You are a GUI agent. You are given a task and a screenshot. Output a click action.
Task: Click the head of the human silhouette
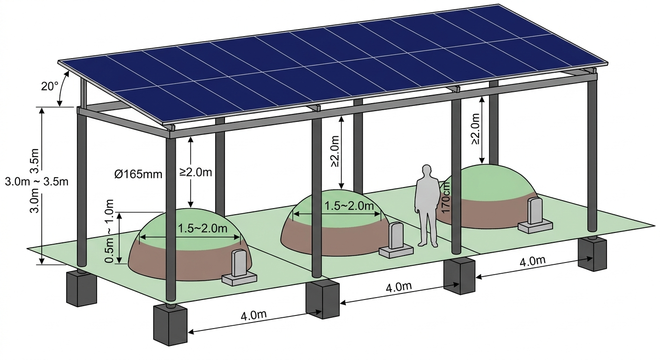(426, 170)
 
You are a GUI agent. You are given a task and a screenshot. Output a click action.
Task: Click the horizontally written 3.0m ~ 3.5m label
(37, 181)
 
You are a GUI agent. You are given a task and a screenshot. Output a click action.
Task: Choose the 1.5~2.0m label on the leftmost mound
(203, 228)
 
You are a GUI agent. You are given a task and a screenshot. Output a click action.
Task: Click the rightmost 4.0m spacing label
(532, 262)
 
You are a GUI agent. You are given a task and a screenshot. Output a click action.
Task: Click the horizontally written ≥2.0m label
(196, 172)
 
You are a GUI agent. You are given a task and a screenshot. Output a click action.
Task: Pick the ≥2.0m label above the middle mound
(335, 151)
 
